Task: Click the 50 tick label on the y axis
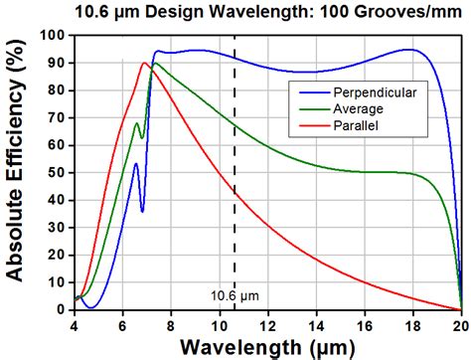pos(58,172)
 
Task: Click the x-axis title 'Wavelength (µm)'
pos(266,346)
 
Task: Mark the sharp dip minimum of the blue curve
pos(142,211)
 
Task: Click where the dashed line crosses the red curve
pos(235,191)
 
